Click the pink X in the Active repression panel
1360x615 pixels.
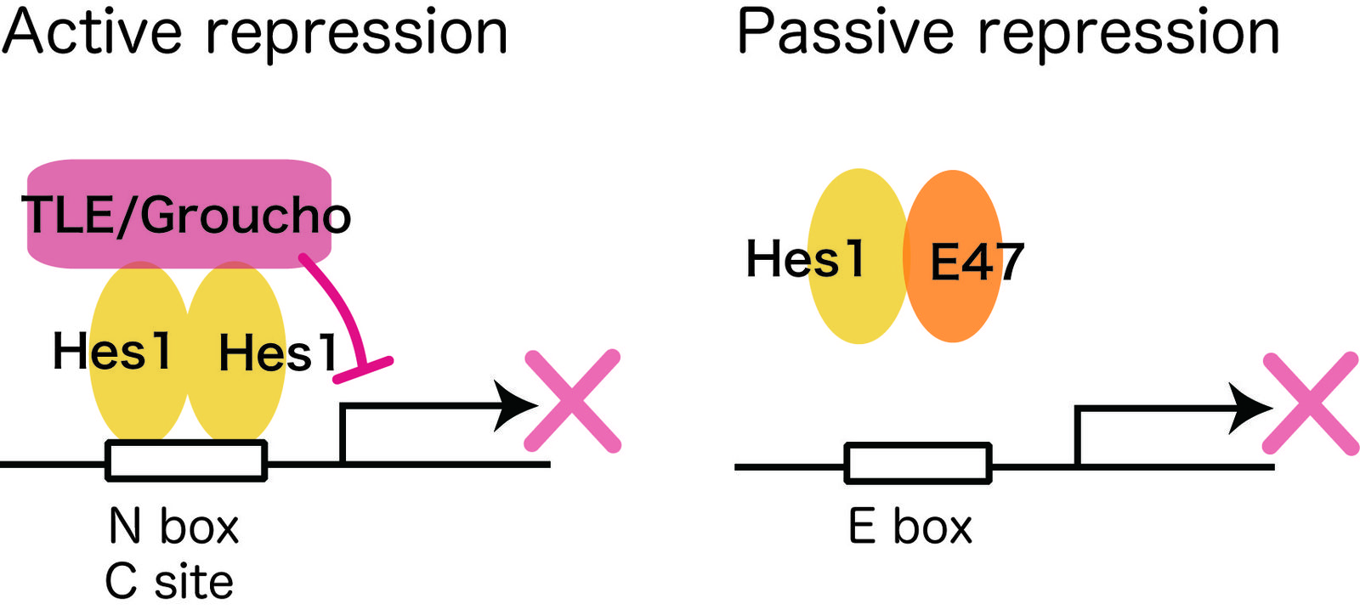(572, 400)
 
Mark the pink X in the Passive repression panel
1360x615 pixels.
(1310, 403)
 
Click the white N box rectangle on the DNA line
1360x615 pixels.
(186, 461)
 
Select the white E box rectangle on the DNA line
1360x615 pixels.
(918, 464)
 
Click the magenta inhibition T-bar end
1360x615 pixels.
(363, 370)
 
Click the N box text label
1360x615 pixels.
(173, 527)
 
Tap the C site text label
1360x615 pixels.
(169, 583)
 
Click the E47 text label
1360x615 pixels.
(977, 262)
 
